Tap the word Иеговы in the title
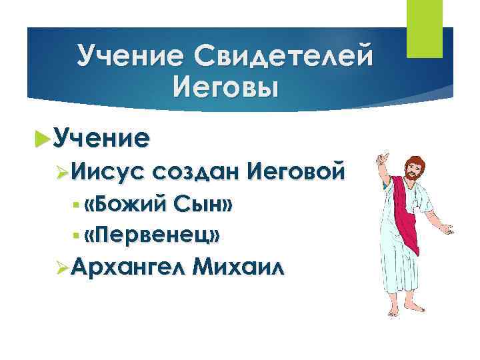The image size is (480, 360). point(223,86)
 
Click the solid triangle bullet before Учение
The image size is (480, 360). point(43,139)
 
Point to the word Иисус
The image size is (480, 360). point(107,173)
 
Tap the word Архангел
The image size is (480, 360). point(125,267)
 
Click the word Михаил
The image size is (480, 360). point(237,267)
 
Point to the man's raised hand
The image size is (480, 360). point(383,141)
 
